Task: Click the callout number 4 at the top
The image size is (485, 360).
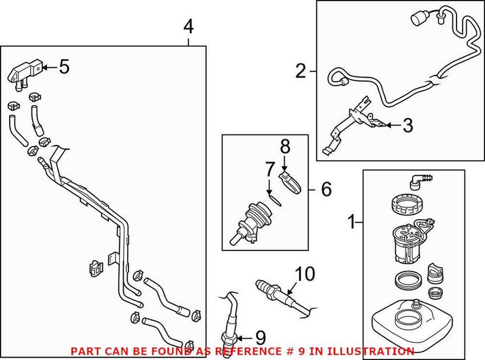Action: [x=189, y=27]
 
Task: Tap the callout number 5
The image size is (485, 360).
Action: [x=64, y=66]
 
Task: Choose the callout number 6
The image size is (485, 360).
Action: [x=326, y=189]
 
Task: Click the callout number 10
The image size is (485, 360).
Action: [x=305, y=274]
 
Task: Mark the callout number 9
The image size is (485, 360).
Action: [x=260, y=336]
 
